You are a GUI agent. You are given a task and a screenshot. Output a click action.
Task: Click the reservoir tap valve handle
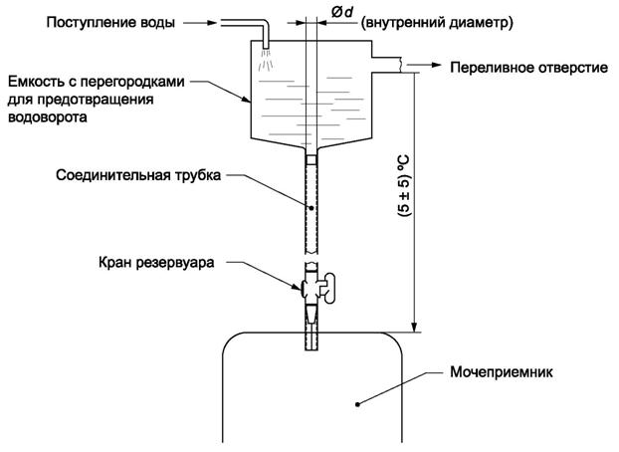327,291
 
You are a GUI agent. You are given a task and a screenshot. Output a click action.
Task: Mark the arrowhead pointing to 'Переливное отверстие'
437,67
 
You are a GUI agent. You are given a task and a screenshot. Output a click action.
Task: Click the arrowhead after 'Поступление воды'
207,19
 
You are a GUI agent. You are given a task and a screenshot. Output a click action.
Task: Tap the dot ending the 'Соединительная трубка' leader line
310,207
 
